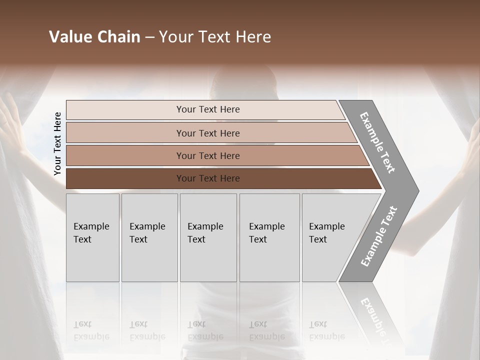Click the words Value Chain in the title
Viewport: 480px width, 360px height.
[94, 37]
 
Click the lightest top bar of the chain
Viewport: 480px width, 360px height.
[207, 109]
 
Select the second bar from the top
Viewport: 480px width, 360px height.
[207, 133]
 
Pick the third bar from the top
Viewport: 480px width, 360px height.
[207, 155]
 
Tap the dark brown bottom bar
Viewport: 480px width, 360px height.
[207, 178]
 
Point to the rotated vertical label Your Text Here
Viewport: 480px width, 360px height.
[57, 143]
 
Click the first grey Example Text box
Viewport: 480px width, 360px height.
[92, 237]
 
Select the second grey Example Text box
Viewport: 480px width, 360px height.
[149, 237]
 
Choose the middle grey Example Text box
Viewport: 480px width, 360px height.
[208, 237]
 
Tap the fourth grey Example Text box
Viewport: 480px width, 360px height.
[269, 237]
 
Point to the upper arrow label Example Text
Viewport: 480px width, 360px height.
[377, 142]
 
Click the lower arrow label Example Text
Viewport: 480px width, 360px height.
[379, 236]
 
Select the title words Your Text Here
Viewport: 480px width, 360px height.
[215, 37]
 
